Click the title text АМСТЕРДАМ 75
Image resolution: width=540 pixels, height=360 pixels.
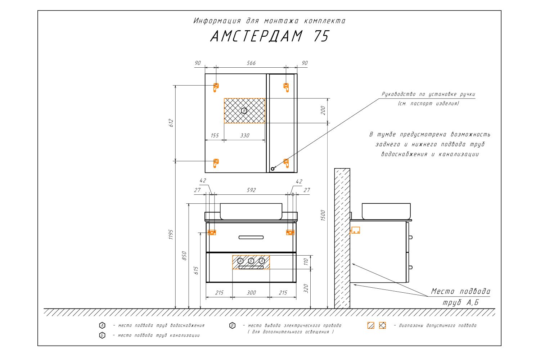[x=269, y=36]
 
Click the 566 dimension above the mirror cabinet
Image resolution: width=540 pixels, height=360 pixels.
[x=251, y=63]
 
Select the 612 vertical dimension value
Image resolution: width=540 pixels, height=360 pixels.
[x=172, y=123]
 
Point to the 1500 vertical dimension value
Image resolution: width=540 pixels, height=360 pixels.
[x=323, y=215]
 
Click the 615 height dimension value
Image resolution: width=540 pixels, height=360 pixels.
[x=196, y=270]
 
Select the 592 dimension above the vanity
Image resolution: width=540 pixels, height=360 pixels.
[x=251, y=190]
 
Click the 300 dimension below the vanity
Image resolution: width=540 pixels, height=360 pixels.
[x=251, y=293]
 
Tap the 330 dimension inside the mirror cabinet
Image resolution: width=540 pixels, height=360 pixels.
[x=245, y=136]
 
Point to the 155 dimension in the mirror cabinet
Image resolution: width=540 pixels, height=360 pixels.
[x=215, y=136]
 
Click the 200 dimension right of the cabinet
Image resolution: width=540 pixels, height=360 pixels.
[x=323, y=111]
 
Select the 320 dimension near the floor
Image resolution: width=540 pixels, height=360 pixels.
[x=306, y=288]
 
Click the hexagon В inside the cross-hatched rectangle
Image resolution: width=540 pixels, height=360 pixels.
[x=244, y=111]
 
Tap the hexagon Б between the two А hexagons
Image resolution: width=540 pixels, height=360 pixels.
[x=251, y=261]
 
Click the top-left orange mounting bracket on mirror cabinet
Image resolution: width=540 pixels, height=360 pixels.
[x=216, y=87]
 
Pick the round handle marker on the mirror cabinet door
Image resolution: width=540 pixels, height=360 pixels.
[x=273, y=168]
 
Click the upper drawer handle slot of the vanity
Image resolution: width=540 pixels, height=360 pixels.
[x=251, y=237]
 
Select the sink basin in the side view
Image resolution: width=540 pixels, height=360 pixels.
[x=386, y=211]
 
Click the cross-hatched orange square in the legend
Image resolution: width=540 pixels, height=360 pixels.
[x=382, y=325]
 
